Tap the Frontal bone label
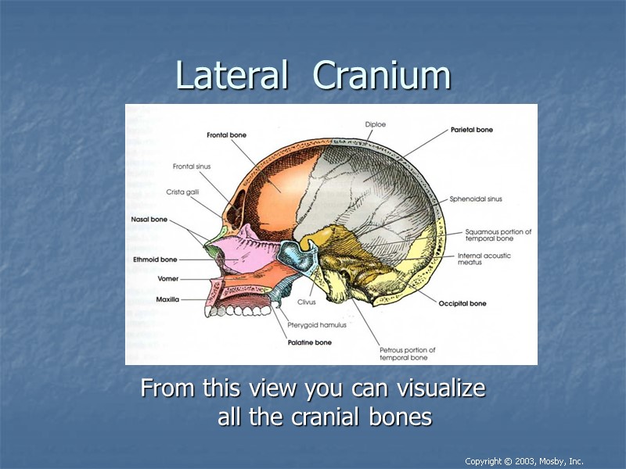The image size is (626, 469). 226,135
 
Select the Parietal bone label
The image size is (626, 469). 472,130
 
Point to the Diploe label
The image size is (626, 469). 376,124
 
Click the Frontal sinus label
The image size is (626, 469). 192,166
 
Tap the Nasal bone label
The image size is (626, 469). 150,220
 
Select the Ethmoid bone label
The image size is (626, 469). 155,260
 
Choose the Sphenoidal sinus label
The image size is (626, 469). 476,199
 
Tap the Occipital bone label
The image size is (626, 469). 462,303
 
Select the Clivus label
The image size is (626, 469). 306,302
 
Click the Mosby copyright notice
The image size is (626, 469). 523,461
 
